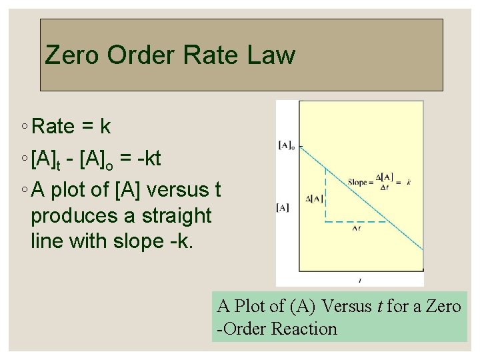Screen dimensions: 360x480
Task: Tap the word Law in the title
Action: [x=270, y=55]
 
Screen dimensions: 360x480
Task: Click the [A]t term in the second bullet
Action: [x=46, y=159]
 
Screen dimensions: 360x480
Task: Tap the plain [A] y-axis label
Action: [x=283, y=207]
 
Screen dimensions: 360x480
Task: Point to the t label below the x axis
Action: [x=360, y=281]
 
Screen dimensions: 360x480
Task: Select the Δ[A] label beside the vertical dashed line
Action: [x=314, y=198]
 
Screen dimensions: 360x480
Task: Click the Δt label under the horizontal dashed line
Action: [x=355, y=228]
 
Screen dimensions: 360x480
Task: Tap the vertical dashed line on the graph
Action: [x=325, y=193]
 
